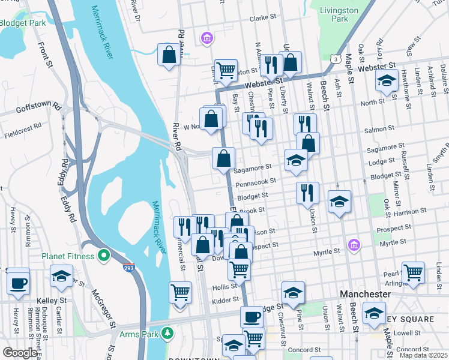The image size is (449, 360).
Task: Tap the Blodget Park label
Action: point(22,23)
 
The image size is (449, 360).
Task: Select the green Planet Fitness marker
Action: point(104,256)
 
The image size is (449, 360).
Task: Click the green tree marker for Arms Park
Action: point(169,332)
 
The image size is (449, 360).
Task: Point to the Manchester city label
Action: point(365,295)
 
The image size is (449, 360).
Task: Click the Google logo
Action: point(20,353)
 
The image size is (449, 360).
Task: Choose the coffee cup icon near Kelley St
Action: point(18,282)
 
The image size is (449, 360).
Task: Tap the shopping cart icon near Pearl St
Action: point(413,273)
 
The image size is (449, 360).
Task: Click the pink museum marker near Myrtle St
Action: point(354,245)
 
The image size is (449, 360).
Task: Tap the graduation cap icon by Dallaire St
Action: point(387,80)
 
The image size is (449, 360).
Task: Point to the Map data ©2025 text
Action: point(423,355)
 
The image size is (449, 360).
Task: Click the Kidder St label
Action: point(226,299)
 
